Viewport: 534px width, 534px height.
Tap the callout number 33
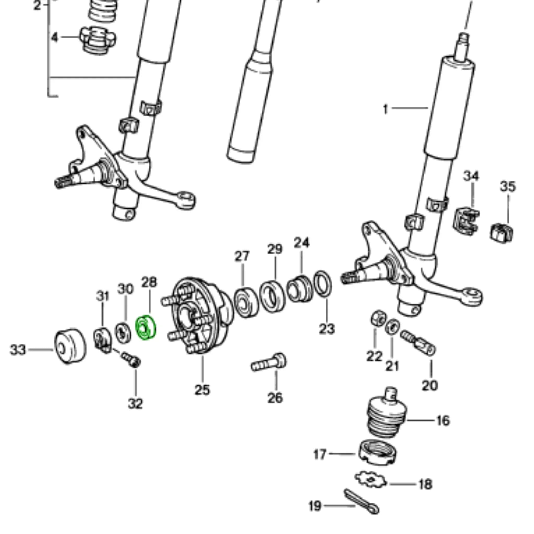(18, 350)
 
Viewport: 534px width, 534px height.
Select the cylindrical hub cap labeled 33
(70, 346)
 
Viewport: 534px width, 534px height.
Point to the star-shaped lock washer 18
(370, 480)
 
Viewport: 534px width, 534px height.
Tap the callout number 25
(202, 390)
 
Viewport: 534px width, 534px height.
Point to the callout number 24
(302, 243)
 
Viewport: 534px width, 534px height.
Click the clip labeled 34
(466, 222)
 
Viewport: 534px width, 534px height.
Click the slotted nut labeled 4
(97, 40)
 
